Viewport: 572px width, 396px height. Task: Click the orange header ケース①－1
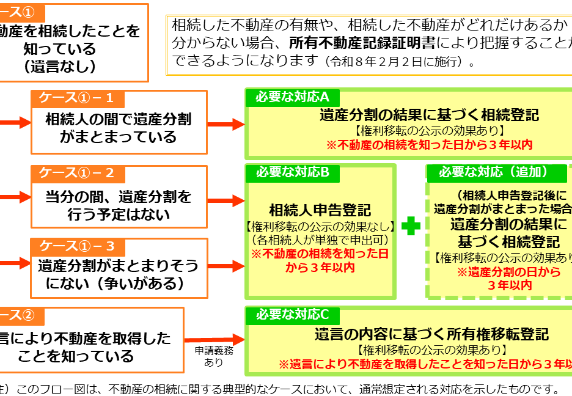pos(76,98)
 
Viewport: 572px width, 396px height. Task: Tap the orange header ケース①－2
pos(77,174)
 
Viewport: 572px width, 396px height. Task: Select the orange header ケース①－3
pos(77,246)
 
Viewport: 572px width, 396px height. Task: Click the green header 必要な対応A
pos(292,97)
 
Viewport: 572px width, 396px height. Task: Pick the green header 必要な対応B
pos(292,172)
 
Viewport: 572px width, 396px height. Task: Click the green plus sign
pos(411,226)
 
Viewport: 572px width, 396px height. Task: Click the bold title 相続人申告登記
pos(320,210)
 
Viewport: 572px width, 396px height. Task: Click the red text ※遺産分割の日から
pos(510,272)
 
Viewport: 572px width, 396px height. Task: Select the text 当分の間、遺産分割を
pos(119,197)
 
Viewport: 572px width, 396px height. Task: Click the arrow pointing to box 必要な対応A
pos(226,124)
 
